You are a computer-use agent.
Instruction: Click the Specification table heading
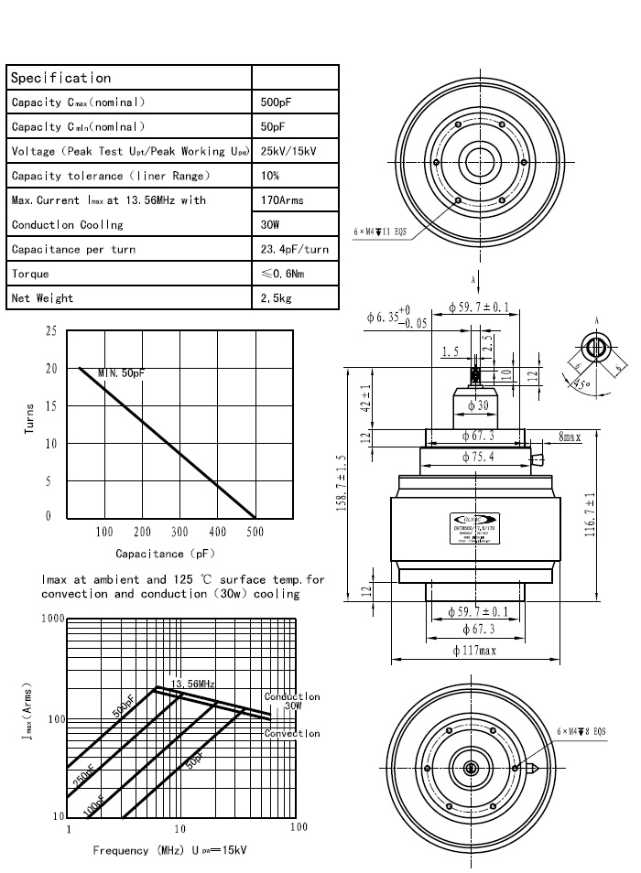click(x=60, y=78)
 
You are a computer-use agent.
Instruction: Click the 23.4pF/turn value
click(x=294, y=250)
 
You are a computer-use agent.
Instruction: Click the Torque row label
click(x=30, y=274)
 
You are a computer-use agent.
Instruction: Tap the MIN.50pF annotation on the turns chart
click(x=122, y=372)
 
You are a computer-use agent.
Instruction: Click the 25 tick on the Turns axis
click(x=49, y=330)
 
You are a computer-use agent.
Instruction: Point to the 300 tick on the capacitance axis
click(x=179, y=532)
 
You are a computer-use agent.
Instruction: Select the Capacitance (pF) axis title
click(x=151, y=554)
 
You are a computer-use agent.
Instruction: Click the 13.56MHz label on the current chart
click(x=193, y=684)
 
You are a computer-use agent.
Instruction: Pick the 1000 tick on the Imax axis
click(x=53, y=620)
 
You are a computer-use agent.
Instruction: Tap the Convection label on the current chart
click(x=292, y=734)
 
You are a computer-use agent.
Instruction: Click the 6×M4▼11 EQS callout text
click(x=380, y=232)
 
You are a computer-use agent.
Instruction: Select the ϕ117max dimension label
click(x=474, y=652)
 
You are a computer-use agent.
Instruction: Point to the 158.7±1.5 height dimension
click(x=341, y=484)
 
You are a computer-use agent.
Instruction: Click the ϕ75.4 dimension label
click(x=473, y=457)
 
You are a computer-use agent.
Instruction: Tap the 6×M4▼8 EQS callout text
click(x=581, y=731)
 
